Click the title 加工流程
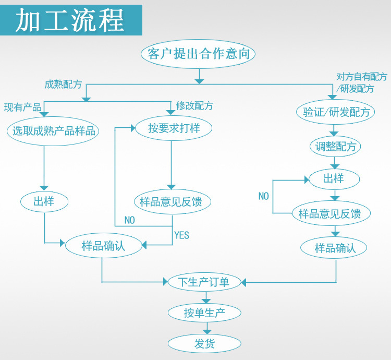pos(70,20)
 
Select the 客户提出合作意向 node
pos(198,54)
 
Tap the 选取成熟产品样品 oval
pos(54,130)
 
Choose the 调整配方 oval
pos(335,147)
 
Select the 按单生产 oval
pos(204,313)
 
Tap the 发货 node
pos(204,343)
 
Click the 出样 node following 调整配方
pos(334,179)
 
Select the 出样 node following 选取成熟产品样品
pos(44,201)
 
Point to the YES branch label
pos(181,235)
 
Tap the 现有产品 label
pos(22,107)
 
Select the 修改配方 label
pos(194,106)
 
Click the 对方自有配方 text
pos(362,77)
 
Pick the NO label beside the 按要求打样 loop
pos(129,220)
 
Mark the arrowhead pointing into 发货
pos(206,331)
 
